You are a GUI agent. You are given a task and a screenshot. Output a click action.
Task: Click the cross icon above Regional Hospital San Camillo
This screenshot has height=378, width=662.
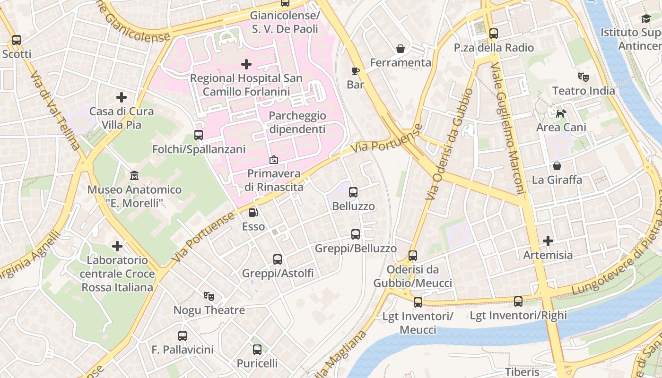tap(246, 64)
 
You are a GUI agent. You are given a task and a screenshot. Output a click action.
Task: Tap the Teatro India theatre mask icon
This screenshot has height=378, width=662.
tap(584, 76)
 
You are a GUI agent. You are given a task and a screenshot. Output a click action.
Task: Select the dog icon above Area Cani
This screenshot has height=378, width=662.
tap(561, 113)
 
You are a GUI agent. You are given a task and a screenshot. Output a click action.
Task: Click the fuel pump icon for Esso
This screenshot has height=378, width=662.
tap(253, 213)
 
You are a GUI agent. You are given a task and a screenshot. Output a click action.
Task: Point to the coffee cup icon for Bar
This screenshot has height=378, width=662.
tap(356, 71)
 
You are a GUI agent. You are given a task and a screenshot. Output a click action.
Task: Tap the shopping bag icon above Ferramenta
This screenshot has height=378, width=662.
tap(401, 48)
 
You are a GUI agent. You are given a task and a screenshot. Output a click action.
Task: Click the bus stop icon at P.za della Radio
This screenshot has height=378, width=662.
tap(494, 34)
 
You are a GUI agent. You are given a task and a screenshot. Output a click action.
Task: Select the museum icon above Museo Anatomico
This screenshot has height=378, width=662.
tap(134, 175)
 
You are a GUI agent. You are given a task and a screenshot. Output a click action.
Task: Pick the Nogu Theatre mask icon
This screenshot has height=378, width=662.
tap(209, 296)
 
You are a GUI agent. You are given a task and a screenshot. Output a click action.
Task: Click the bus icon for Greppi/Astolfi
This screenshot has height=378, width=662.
tap(278, 259)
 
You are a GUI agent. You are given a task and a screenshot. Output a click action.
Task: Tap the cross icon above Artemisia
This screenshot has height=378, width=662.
tap(548, 241)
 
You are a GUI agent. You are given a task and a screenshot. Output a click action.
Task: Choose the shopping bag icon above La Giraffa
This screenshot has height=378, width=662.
tap(557, 166)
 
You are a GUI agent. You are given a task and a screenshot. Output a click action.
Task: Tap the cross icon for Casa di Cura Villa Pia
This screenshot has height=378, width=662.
tap(122, 97)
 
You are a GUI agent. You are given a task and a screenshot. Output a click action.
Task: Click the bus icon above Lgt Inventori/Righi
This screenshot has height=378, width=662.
tap(518, 301)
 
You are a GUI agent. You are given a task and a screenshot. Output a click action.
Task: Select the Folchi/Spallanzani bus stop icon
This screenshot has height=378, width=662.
tap(199, 135)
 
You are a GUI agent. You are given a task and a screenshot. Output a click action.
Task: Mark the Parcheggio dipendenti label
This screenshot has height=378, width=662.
tap(297, 122)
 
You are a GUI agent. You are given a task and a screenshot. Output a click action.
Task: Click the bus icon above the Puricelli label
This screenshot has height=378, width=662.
tap(257, 350)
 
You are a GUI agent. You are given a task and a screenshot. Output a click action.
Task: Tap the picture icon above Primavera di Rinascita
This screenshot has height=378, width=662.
tap(274, 160)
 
